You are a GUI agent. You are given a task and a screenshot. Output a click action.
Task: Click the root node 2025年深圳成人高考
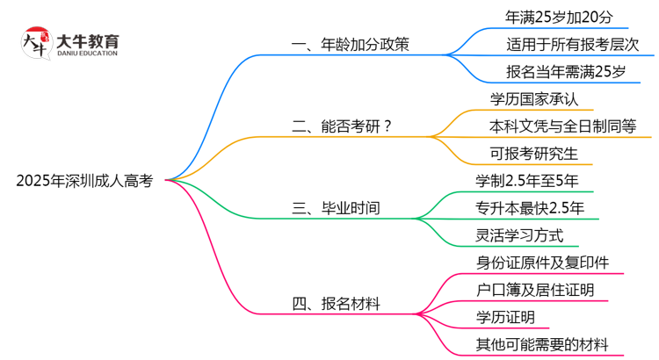[84, 182]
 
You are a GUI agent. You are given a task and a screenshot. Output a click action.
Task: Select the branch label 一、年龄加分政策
[351, 44]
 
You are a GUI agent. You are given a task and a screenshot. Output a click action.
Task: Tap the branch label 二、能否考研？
[342, 126]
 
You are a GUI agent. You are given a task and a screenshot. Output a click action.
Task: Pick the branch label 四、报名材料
[337, 304]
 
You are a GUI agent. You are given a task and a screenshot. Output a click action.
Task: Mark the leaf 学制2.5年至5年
[527, 181]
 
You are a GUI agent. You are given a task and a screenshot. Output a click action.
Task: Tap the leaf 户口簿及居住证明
[534, 289]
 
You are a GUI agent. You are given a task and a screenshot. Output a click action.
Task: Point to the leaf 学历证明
[504, 316]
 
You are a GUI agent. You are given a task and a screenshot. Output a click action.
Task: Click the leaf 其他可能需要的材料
[541, 344]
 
